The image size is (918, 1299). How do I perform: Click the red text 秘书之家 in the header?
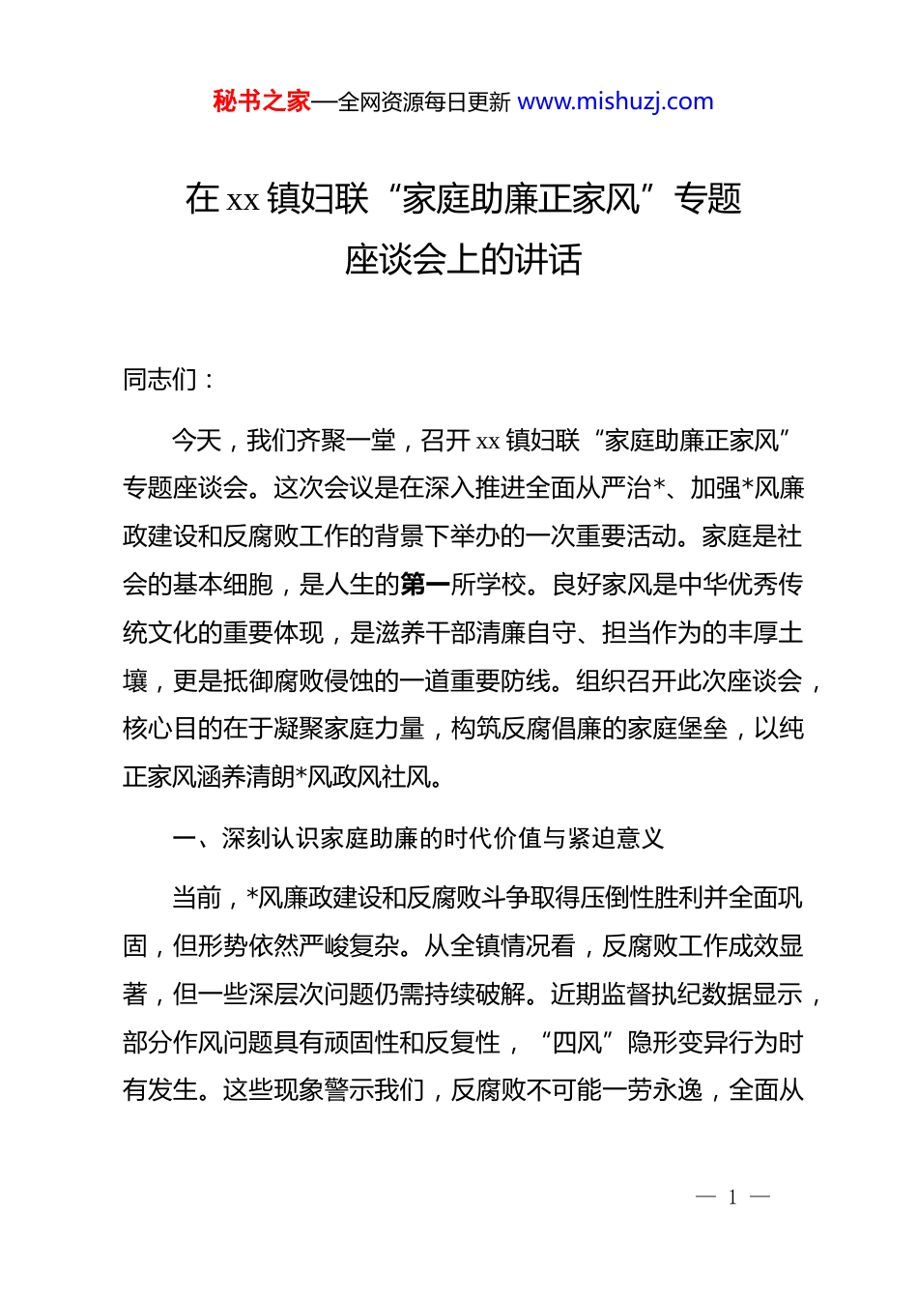click(x=262, y=101)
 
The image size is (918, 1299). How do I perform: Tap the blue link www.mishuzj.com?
click(x=616, y=101)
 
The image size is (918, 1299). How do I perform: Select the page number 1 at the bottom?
click(x=732, y=1198)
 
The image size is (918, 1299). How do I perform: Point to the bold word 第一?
click(x=425, y=585)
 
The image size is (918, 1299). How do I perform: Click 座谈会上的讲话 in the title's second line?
click(x=463, y=259)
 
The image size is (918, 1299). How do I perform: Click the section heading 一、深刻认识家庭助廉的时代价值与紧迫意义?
click(x=417, y=838)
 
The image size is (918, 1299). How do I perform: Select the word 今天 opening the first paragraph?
click(x=197, y=441)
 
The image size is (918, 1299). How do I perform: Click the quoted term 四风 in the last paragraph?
click(x=577, y=1043)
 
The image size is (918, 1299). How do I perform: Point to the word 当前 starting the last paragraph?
click(x=197, y=898)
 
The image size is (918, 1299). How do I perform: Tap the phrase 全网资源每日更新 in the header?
click(x=424, y=101)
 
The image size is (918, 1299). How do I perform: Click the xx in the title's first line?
click(x=243, y=199)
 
